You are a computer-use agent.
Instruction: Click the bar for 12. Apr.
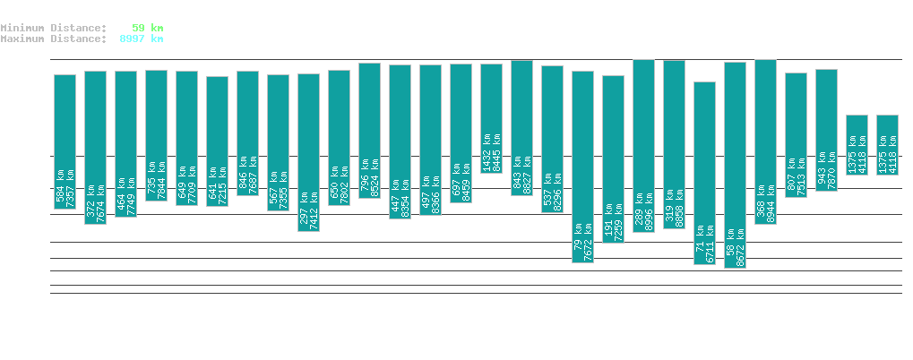[x=735, y=161]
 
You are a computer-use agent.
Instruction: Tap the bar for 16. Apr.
[x=857, y=144]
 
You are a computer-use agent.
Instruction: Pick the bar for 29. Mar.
[x=308, y=152]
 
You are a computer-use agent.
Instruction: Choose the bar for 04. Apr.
[x=491, y=117]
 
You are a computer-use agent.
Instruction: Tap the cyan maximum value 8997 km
[x=142, y=39]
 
